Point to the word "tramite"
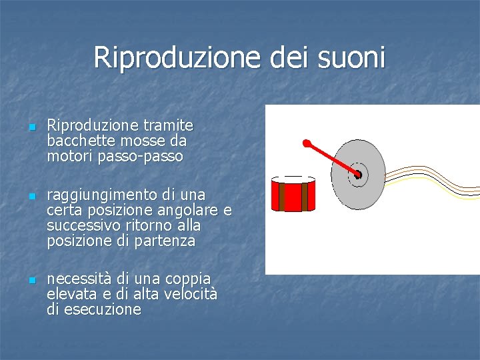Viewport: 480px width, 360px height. click(170, 125)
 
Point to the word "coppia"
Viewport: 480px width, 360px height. click(189, 278)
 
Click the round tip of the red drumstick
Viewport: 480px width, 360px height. click(307, 143)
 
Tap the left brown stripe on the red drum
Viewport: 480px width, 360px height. click(282, 197)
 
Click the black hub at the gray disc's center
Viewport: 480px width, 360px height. click(357, 175)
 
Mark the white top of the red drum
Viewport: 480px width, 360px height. click(293, 180)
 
